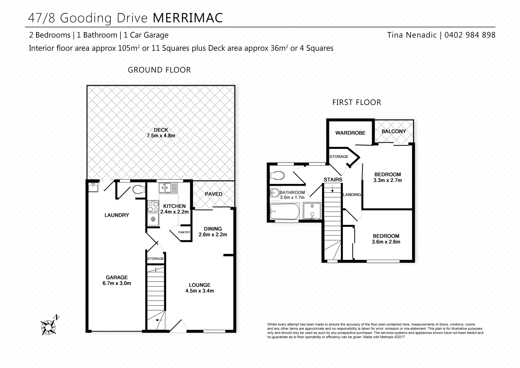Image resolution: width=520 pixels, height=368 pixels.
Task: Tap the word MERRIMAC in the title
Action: coord(188,18)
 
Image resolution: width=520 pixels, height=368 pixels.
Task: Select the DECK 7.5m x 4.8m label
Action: coord(161,133)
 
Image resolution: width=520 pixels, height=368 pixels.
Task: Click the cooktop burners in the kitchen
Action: coord(153,206)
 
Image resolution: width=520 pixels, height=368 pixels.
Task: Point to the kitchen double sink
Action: coord(168,188)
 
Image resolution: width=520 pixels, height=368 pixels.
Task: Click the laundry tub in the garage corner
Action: coord(93,187)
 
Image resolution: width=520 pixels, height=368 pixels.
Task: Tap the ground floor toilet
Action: coord(138,189)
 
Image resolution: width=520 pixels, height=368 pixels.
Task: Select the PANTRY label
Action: coord(184,232)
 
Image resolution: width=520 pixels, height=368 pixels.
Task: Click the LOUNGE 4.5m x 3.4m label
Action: coord(200,288)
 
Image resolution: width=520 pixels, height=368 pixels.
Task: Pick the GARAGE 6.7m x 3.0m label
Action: coord(116,280)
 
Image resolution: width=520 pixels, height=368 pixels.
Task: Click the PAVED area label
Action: coord(214,194)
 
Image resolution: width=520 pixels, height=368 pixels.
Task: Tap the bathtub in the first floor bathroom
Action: coord(284,212)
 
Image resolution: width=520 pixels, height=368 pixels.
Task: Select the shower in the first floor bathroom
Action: coord(312,211)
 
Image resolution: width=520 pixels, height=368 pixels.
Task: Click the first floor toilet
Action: coord(277,175)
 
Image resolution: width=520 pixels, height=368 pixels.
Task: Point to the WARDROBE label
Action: coord(350,133)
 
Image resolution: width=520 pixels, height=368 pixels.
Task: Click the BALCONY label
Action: coord(394,131)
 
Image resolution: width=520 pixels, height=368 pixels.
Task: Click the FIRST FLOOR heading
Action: coord(357,102)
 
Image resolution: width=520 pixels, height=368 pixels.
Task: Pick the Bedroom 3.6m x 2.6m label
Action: coord(386,239)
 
